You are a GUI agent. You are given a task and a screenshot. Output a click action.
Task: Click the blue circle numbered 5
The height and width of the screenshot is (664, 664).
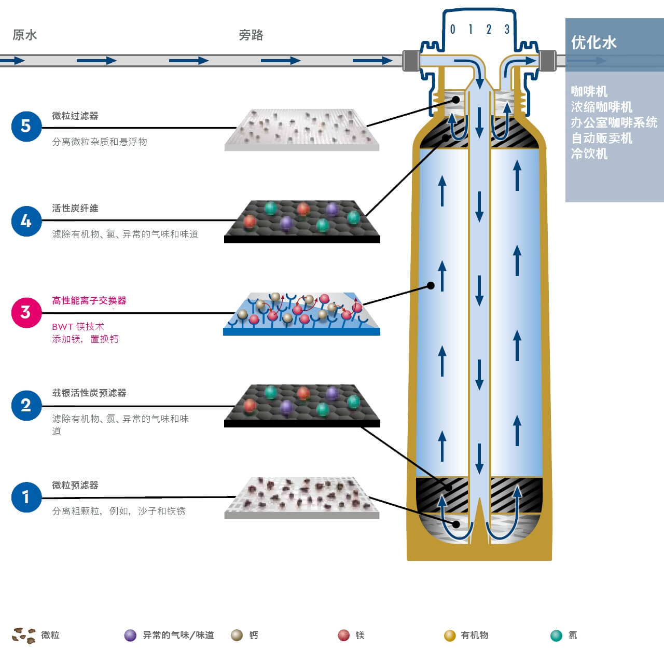point(26,126)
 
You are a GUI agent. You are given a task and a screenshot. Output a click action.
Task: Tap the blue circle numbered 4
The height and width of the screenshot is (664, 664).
point(26,221)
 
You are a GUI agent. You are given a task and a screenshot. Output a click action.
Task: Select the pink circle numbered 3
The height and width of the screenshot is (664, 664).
point(26,312)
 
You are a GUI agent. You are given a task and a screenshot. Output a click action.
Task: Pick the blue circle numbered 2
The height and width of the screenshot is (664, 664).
point(26,405)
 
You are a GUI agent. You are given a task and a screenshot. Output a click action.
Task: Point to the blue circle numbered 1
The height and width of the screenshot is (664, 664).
point(26,497)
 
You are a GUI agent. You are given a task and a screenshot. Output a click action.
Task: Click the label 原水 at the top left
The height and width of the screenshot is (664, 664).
point(25,35)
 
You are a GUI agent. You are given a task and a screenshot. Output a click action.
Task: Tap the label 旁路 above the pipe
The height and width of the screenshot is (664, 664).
point(251,35)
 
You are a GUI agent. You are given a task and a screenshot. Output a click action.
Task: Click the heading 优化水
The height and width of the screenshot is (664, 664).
point(593,43)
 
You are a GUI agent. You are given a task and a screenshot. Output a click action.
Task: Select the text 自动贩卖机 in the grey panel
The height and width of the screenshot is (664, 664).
point(601,138)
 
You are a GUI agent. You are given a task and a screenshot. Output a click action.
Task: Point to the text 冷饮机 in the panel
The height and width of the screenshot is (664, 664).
point(589,154)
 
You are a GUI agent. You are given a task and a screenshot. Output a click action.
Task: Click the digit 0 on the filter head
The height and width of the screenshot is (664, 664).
point(452,30)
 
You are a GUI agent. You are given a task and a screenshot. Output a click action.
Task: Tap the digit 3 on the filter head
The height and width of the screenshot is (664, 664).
point(507,30)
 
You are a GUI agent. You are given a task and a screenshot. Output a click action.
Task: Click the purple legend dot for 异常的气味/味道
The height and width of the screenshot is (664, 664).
point(130,635)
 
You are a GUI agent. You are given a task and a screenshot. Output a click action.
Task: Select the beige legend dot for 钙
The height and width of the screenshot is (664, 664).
point(237,635)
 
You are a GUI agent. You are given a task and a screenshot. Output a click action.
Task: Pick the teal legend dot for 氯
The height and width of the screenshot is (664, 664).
point(556,635)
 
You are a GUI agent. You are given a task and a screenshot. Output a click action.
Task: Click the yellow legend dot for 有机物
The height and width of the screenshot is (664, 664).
point(450,635)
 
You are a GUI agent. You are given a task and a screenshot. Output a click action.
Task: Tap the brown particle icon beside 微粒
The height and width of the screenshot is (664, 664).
point(24,635)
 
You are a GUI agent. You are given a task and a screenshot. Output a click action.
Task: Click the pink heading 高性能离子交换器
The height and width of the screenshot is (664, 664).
point(89,301)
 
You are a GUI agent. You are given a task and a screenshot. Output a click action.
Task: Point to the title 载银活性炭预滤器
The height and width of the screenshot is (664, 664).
point(89,393)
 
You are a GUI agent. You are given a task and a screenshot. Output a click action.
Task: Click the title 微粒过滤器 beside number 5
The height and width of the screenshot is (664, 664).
point(75,116)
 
